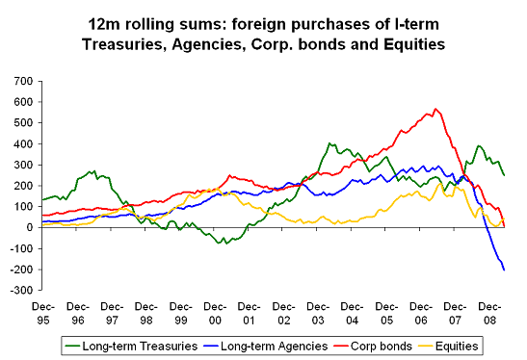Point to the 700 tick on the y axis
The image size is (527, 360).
(x=21, y=82)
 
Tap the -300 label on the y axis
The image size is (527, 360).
(x=19, y=290)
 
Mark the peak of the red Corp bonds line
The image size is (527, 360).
(x=435, y=109)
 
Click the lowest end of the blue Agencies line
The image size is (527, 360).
(x=504, y=270)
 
